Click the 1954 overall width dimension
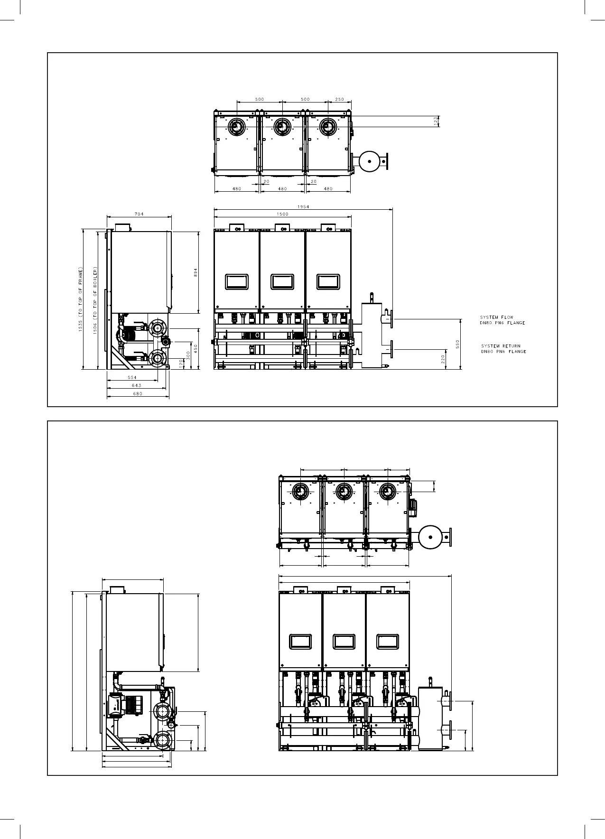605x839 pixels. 304,206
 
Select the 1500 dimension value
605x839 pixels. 282,214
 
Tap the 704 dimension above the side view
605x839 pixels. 139,214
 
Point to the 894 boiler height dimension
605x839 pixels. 195,272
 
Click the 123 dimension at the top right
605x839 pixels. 436,121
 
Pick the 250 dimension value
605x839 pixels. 340,99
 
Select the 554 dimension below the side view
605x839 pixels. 132,377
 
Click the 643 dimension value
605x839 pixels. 136,385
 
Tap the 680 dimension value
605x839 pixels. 138,393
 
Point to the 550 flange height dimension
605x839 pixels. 458,344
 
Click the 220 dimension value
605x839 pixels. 443,359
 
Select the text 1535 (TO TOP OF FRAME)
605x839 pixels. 81,299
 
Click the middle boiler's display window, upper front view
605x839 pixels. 282,281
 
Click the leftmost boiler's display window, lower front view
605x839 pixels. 300,642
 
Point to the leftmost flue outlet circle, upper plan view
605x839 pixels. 236,126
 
